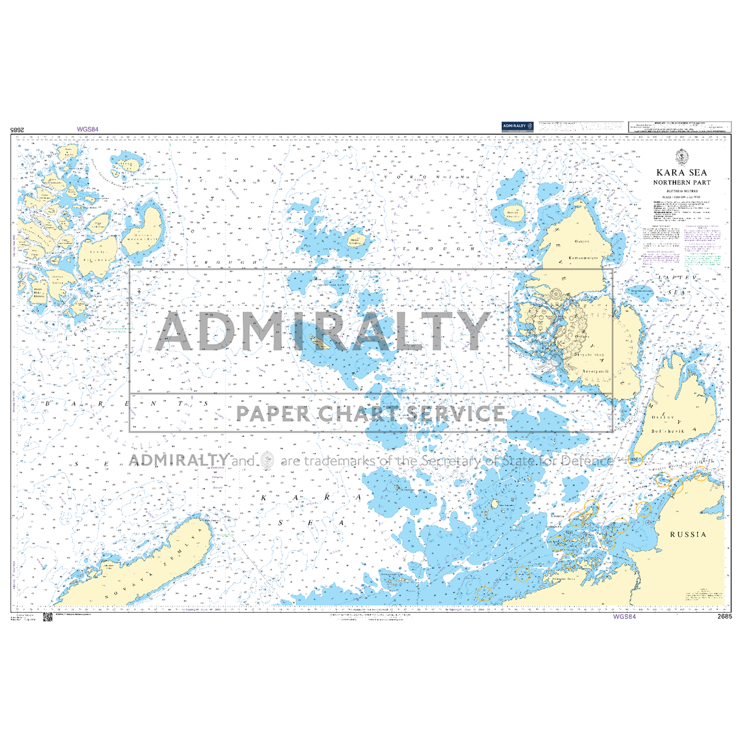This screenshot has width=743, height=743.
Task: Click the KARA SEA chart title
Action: point(681,173)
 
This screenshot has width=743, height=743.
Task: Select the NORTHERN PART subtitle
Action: point(681,182)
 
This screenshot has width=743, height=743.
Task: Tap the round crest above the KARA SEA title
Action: point(681,157)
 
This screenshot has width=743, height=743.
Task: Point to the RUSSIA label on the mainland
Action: point(688,534)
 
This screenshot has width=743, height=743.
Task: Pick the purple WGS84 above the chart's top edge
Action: point(88,130)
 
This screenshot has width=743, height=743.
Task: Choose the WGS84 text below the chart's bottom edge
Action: point(624,617)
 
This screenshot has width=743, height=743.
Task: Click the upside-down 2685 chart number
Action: point(20,130)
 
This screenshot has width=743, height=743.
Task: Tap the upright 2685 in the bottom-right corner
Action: point(724,617)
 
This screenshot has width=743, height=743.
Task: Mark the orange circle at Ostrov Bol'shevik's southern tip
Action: point(636,458)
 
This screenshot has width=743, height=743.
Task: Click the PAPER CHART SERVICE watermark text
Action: point(371,414)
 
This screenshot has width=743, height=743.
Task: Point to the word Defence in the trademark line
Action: point(588,460)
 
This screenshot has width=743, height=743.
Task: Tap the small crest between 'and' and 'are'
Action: point(267,460)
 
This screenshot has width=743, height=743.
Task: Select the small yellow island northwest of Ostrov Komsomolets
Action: point(512,214)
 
